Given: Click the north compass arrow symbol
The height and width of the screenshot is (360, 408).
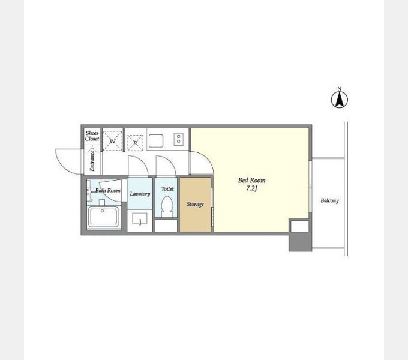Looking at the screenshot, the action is coord(340,100).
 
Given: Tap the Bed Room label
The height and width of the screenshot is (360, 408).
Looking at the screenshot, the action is coord(251,180).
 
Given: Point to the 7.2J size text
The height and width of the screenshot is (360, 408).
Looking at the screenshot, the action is coord(251,188).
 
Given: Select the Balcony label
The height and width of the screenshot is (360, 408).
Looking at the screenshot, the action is coord(329,200).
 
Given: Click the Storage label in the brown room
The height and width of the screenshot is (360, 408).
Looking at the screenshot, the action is coord(195,204).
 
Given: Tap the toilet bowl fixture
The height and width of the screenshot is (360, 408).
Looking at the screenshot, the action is coord(167,206).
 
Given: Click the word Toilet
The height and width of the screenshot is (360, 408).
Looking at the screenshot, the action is coord(167,189).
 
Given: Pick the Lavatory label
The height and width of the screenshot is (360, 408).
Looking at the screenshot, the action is coord(140,194).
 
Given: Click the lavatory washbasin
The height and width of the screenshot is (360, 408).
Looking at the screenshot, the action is coord(140,218).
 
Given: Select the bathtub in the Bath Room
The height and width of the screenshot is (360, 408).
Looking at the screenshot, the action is coord(103,217).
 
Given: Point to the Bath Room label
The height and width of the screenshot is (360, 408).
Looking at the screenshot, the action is coord(108,190).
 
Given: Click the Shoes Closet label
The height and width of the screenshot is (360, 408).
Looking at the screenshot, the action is coord(92,136).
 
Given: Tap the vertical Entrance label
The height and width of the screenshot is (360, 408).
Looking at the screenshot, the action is coord(92,161).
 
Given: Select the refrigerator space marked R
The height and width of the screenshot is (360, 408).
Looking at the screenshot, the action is coord(135,143).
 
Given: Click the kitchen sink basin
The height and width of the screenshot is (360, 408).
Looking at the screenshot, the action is coord(156,141).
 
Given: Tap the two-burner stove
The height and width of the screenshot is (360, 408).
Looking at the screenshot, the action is coord(179,139).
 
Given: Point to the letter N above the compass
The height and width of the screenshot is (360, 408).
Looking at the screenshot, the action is coord(340,89).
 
